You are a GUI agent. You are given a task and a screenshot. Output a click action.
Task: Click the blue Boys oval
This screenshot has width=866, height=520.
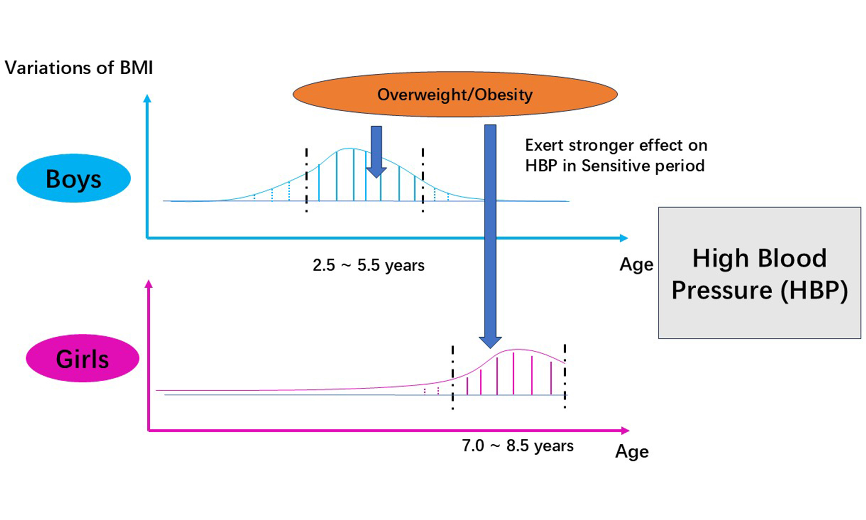pyautogui.click(x=74, y=178)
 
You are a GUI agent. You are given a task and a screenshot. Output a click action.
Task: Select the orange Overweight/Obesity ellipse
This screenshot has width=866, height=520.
pyautogui.click(x=455, y=94)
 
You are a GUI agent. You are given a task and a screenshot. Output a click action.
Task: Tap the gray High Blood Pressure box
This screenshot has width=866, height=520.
pyautogui.click(x=759, y=273)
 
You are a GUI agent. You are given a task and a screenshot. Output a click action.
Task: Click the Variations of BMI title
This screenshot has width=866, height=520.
pyautogui.click(x=79, y=68)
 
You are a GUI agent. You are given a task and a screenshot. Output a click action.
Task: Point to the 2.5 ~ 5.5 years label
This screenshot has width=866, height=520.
pyautogui.click(x=368, y=265)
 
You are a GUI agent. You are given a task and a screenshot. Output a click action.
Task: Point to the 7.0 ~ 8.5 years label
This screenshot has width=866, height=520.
pyautogui.click(x=517, y=446)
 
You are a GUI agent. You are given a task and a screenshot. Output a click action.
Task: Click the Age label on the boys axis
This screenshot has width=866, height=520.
pyautogui.click(x=636, y=265)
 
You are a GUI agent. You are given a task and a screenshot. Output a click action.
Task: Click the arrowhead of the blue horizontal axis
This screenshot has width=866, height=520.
pyautogui.click(x=624, y=238)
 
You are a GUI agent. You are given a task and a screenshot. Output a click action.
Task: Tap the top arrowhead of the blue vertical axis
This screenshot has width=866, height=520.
pyautogui.click(x=147, y=99)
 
